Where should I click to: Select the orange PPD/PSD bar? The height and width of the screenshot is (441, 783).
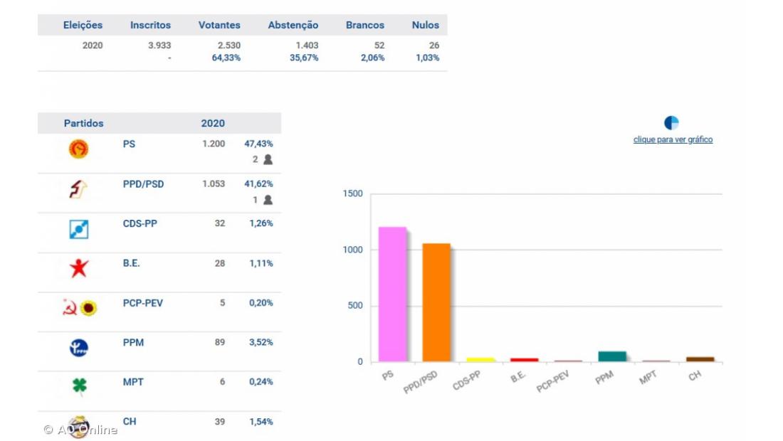436,302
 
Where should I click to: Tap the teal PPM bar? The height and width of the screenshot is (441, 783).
612,356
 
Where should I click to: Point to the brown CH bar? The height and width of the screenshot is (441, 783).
700,359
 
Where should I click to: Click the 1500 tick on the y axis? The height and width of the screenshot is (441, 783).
353,194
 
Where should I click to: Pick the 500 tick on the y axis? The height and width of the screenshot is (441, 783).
354,306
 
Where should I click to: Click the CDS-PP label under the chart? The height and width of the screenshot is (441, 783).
467,380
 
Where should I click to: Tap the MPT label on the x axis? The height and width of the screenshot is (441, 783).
648,378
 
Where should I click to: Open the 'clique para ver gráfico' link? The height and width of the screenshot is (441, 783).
673,139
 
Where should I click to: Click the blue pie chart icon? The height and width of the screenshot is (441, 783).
671,123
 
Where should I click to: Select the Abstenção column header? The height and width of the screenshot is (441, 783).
293,25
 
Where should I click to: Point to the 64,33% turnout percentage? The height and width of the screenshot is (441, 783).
226,58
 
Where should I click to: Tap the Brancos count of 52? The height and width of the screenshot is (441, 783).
379,46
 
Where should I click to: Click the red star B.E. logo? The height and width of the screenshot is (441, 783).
79,268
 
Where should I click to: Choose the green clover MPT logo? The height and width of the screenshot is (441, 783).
79,386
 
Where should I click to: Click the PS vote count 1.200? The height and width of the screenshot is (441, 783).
214,144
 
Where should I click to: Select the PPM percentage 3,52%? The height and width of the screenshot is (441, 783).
261,342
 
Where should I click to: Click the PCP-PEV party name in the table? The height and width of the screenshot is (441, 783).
143,303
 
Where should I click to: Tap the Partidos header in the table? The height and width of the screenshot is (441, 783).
84,123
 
